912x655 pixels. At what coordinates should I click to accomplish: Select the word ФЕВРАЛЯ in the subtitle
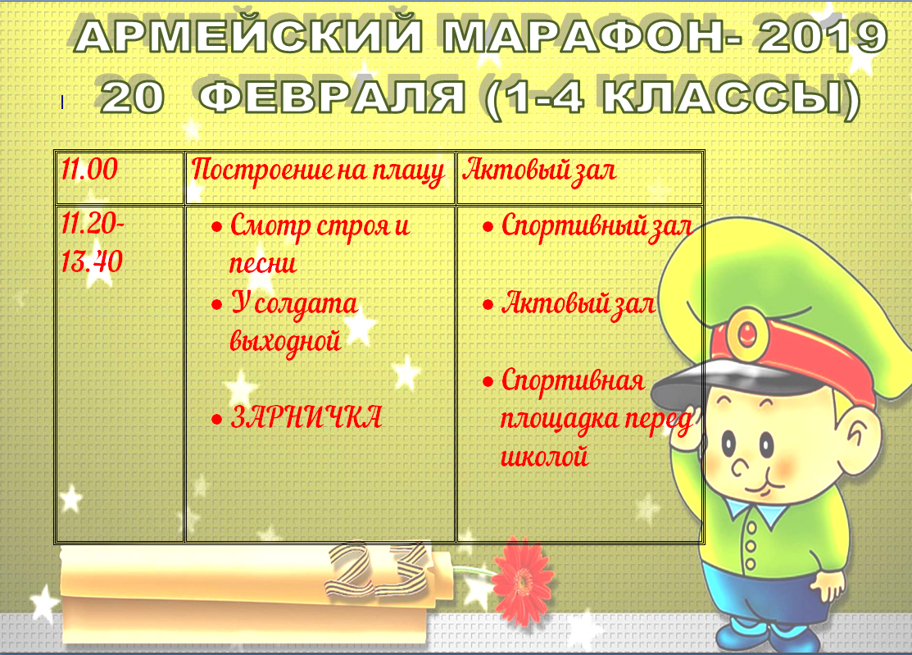coord(332,97)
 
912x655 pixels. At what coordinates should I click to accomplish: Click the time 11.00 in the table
coord(89,169)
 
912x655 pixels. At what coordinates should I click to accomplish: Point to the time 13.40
coord(92,262)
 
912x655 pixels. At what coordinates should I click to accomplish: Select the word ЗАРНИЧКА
coord(306,417)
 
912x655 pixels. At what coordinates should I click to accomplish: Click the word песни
coord(263,263)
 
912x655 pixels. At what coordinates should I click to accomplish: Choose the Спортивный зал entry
coord(597,225)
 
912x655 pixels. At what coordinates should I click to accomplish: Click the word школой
coord(544,456)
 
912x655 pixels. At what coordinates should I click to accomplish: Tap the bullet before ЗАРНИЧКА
coord(217,419)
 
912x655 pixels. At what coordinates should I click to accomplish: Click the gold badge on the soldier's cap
coord(746,334)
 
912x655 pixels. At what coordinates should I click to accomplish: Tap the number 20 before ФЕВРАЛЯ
coord(133,97)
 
